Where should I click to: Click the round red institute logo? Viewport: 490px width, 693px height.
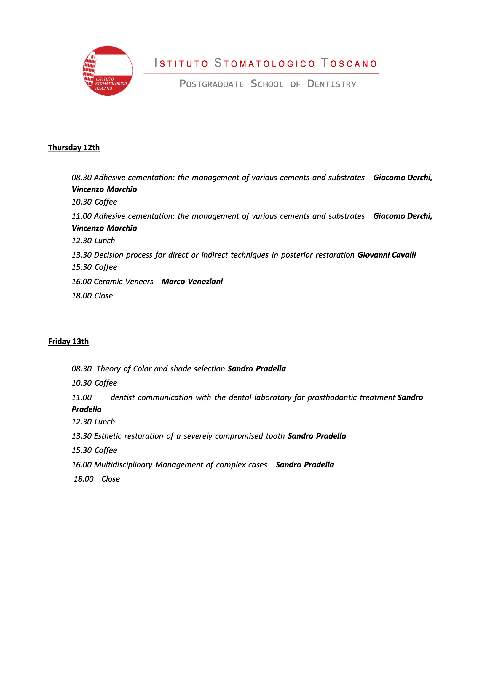tap(108, 71)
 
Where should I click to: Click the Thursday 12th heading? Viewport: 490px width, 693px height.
tap(74, 148)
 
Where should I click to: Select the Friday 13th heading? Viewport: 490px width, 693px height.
tap(68, 341)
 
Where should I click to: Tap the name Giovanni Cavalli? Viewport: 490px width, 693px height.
tap(387, 255)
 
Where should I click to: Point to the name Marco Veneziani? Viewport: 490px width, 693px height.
tap(192, 282)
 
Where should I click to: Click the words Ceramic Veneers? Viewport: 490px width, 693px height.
tap(124, 282)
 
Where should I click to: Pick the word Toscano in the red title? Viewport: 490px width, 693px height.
tap(349, 63)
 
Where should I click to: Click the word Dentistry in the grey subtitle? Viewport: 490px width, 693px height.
tap(332, 84)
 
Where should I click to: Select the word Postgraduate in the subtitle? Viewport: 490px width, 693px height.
tap(211, 84)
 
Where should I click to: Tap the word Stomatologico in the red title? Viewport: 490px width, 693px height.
tap(264, 63)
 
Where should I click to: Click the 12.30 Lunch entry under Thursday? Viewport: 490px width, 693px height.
tap(93, 241)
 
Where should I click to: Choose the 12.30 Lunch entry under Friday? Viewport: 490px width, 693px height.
tap(93, 422)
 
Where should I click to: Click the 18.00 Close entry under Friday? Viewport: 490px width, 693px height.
tap(97, 479)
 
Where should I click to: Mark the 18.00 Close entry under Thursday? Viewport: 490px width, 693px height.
tap(92, 296)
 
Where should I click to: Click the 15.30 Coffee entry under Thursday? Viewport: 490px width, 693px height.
tap(94, 267)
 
